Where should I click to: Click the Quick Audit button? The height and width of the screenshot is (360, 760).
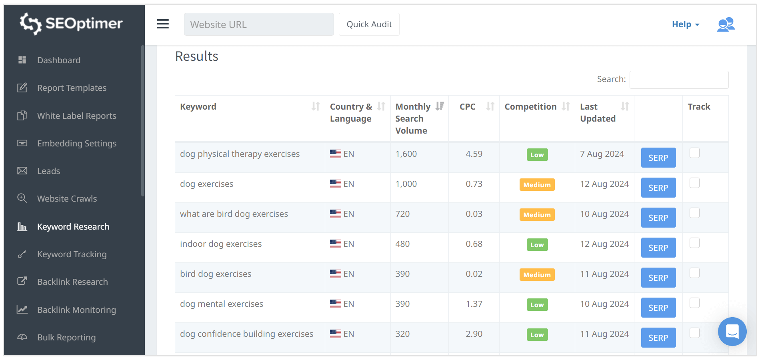click(369, 24)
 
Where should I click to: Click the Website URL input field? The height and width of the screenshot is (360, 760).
click(259, 24)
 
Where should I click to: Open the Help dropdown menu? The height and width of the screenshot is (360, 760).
click(685, 24)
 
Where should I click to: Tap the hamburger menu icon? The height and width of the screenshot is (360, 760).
click(163, 24)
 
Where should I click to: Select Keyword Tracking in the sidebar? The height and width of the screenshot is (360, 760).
click(72, 254)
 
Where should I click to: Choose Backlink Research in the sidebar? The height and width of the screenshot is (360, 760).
click(72, 282)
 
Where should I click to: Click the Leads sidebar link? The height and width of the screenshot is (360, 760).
click(48, 171)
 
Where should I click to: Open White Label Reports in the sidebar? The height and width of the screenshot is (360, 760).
click(76, 116)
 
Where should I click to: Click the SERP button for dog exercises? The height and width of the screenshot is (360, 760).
click(658, 188)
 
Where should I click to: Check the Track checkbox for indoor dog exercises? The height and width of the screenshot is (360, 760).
click(694, 243)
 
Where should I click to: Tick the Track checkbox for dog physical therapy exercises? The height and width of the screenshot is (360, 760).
click(694, 153)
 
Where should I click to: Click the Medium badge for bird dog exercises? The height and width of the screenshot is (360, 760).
click(537, 275)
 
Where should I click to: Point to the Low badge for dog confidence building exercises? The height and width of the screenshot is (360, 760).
click(537, 335)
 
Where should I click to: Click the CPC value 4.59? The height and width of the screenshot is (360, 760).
click(474, 154)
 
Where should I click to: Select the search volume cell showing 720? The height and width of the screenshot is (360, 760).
click(402, 214)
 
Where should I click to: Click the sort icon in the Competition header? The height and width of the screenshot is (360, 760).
click(566, 106)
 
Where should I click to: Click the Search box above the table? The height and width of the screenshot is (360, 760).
click(679, 80)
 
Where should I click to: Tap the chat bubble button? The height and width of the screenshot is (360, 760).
click(732, 332)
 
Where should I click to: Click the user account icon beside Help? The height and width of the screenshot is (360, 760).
click(726, 24)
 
